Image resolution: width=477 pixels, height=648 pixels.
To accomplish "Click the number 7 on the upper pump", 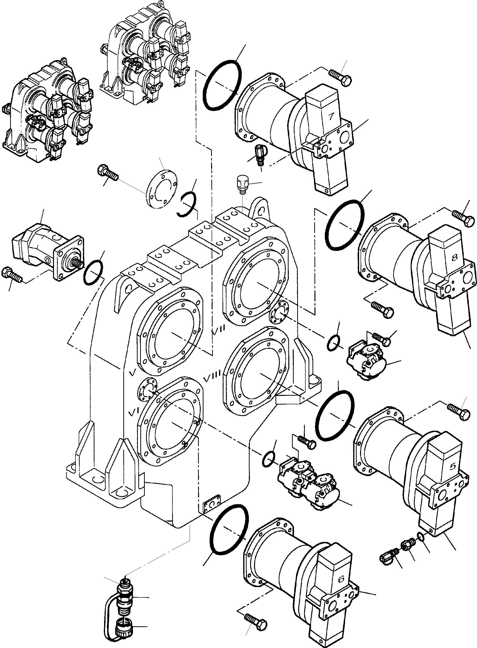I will tap(331, 117).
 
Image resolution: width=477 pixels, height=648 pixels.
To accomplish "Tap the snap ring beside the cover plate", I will tap(187, 204).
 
